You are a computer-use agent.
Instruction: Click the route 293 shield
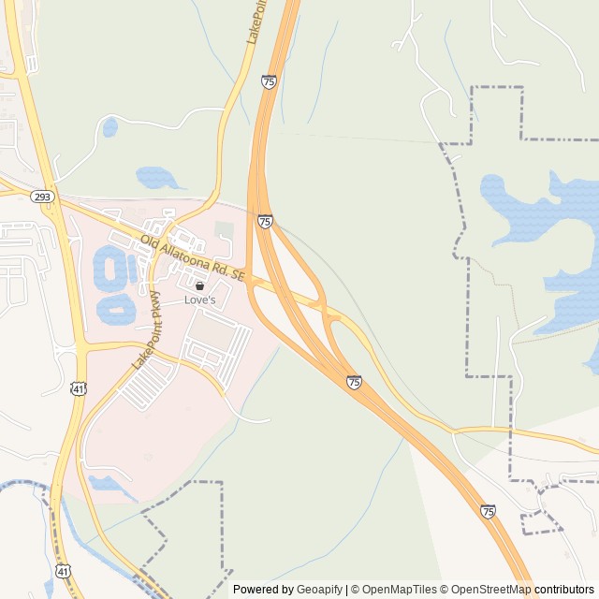click(41, 197)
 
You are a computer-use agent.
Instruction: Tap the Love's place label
click(199, 300)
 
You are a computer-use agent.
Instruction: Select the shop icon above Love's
click(199, 285)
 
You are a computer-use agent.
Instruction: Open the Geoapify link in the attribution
click(319, 590)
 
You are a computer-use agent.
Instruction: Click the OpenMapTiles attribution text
click(392, 590)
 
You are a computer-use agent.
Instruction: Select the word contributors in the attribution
click(564, 590)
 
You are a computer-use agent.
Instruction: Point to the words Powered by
click(263, 590)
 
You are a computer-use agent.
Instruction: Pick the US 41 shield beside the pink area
click(79, 387)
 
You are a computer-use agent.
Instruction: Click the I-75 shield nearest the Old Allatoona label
click(265, 222)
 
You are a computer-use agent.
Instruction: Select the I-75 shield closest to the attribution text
click(489, 511)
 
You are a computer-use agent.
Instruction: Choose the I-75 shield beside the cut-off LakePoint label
click(269, 82)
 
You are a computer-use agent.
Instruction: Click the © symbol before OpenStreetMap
click(446, 590)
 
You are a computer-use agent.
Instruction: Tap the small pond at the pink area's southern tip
click(108, 484)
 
